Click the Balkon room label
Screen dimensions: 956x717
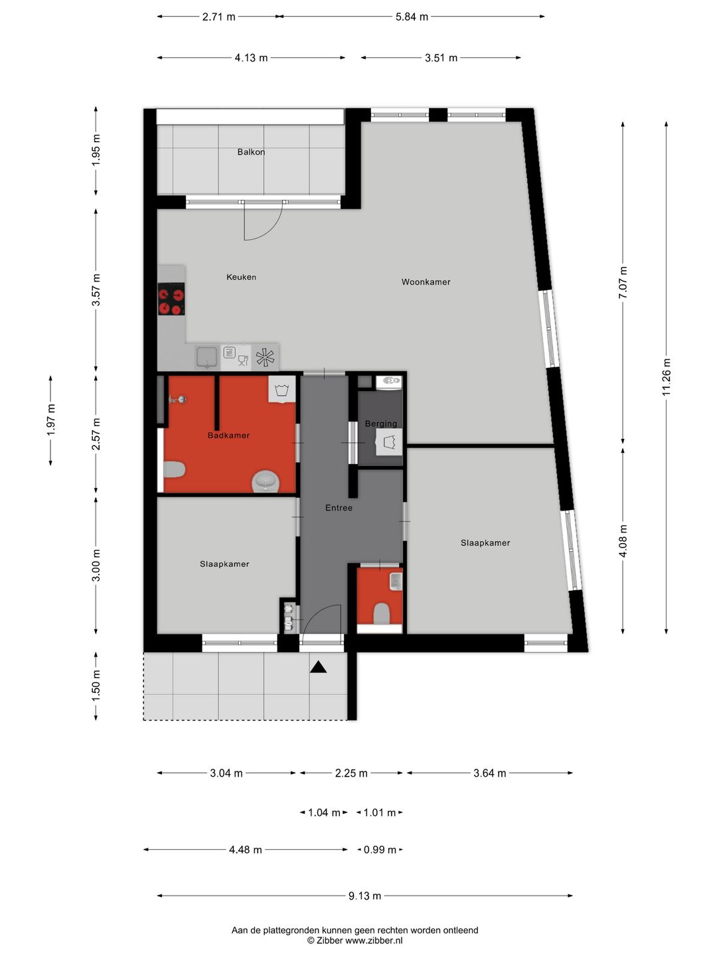pos(251,152)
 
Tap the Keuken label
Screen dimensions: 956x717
pos(241,277)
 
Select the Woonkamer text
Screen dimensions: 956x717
pos(426,281)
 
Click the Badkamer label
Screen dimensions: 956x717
pos(228,436)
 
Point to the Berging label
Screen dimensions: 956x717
pos(381,424)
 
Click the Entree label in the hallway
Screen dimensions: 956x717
pos(339,508)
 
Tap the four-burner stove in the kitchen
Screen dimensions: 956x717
pos(171,299)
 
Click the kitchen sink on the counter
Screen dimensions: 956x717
pos(207,357)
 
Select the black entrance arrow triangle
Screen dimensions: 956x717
pos(319,667)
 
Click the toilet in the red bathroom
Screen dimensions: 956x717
pos(174,469)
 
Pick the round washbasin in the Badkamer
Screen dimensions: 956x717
pos(266,481)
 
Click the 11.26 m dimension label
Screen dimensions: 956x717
pos(666,377)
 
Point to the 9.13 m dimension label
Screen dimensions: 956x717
pos(364,896)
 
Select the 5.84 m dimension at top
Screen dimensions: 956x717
pos(412,17)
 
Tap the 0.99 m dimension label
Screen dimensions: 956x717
pos(380,850)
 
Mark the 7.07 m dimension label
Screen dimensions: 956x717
pos(623,282)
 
